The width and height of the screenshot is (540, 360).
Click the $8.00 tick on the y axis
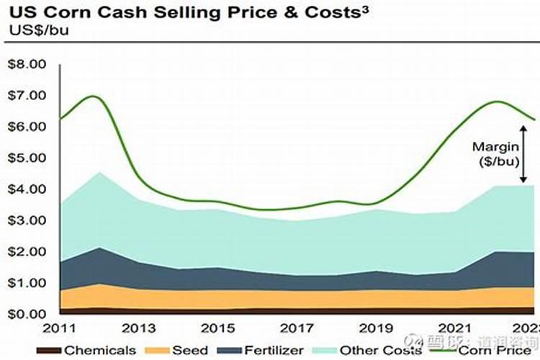(26, 64)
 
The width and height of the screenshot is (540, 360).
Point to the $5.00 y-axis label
(26, 158)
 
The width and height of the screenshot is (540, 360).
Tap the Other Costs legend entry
(359, 351)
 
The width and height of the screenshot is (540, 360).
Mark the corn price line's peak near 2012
(94, 96)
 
